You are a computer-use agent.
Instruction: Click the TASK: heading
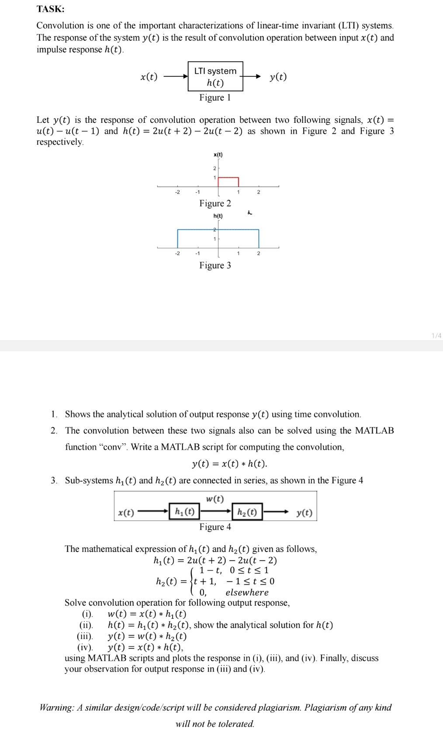pos(50,9)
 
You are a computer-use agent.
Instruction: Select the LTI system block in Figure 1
pos(215,76)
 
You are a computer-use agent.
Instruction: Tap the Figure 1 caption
pos(215,97)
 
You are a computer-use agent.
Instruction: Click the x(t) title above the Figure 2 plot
pos(218,155)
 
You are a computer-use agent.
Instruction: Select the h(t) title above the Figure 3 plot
pos(218,216)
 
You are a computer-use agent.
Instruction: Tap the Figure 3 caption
pos(215,265)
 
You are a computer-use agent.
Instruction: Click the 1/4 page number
pos(436,336)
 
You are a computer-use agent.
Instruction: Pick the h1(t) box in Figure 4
pos(184,511)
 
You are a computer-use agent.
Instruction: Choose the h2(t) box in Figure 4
pos(247,512)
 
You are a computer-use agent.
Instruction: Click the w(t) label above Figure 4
pos(215,499)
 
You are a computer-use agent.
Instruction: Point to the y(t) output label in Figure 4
pos(304,513)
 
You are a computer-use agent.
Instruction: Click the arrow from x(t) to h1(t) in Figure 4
pos(153,512)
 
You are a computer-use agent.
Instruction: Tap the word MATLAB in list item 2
pos(374,430)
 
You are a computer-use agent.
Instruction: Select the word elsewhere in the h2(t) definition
pos(247,592)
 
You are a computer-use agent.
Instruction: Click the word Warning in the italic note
pos(56,708)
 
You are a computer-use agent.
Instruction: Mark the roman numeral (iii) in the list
pos(85,636)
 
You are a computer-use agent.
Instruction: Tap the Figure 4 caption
pos(215,527)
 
